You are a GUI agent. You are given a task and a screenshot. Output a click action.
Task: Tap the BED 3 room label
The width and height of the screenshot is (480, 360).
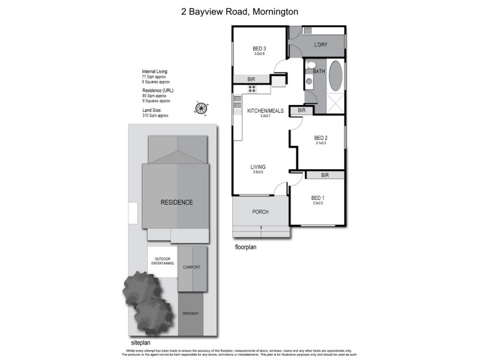(x=259, y=48)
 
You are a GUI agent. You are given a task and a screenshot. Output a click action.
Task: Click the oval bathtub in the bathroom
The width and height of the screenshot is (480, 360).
(x=335, y=76)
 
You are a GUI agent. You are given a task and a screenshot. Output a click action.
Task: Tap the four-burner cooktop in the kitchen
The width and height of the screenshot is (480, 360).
(x=253, y=89)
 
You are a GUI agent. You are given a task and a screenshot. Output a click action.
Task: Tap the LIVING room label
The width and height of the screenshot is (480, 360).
(x=258, y=167)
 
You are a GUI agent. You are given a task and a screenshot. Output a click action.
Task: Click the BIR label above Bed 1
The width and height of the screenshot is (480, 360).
(x=325, y=175)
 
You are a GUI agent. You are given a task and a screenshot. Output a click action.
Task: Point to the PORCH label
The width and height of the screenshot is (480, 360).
(x=260, y=212)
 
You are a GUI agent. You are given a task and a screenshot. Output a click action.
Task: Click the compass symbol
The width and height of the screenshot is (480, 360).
(x=201, y=108)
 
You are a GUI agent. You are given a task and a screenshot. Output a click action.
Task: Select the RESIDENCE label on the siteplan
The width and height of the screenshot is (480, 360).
(x=176, y=202)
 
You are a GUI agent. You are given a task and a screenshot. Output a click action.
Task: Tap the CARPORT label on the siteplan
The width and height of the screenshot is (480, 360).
(x=192, y=267)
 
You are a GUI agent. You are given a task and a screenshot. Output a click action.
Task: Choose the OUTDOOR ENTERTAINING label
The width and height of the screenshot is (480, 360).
(x=162, y=262)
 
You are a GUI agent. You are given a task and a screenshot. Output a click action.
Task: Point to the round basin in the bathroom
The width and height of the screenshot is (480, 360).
(x=308, y=80)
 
